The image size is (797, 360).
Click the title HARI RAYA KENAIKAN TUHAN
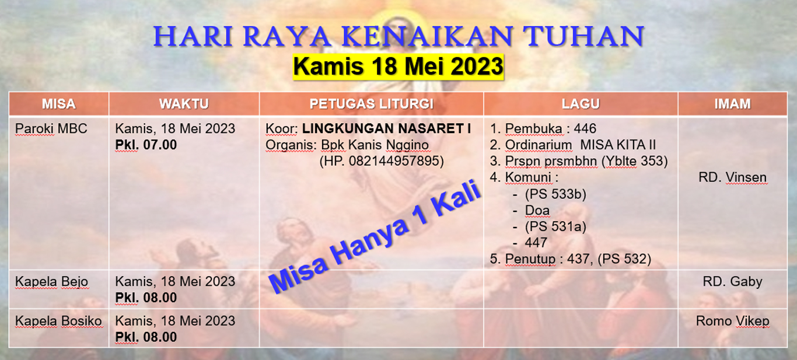point(398,37)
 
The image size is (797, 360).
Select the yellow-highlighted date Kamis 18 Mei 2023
point(398,67)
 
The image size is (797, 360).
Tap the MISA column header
point(58,104)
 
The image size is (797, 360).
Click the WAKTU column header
point(184,104)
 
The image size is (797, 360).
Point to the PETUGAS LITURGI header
point(371,104)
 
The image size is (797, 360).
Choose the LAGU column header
point(581,104)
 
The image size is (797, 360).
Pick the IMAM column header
point(732,104)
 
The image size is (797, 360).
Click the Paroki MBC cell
point(51,128)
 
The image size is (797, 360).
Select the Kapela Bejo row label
point(51,282)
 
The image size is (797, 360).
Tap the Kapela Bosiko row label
point(58,321)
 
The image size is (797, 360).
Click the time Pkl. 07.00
point(146,145)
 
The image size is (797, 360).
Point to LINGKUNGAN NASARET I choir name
point(386,128)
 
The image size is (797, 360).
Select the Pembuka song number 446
point(585,128)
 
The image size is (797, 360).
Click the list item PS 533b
point(555,194)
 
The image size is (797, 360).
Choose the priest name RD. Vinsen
point(732,177)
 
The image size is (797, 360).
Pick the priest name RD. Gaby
point(732,282)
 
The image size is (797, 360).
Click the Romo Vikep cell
point(732,321)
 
